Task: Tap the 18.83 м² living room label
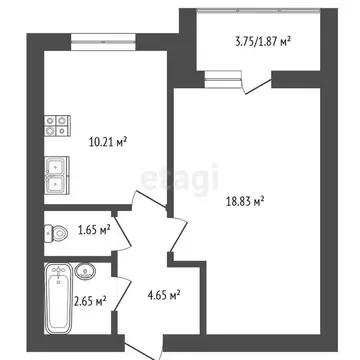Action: pos(241,202)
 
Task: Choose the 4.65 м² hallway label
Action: pos(161,295)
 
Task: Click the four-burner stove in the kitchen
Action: pos(55,125)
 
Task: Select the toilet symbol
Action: pos(54,234)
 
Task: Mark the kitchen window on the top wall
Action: pos(102,40)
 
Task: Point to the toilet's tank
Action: pos(48,234)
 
